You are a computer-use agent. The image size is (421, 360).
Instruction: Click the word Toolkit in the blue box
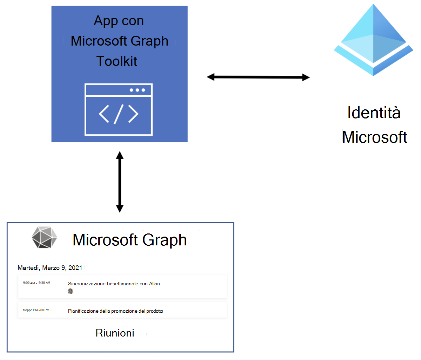click(117, 61)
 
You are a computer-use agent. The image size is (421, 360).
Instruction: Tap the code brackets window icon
click(119, 109)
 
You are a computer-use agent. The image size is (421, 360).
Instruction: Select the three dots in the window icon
click(137, 90)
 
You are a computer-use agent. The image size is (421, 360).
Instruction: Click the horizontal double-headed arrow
click(258, 77)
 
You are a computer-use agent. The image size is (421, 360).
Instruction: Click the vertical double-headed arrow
click(120, 182)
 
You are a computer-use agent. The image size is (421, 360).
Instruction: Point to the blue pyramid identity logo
click(373, 40)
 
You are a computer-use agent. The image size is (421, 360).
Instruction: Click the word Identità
click(374, 113)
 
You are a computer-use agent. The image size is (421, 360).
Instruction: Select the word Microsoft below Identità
click(374, 137)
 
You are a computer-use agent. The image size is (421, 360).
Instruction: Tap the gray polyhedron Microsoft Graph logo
click(44, 237)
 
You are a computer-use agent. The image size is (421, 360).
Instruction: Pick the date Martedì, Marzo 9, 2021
click(50, 268)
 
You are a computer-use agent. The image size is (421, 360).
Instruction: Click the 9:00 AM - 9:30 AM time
click(36, 283)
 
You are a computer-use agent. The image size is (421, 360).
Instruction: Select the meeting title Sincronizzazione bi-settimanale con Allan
click(114, 284)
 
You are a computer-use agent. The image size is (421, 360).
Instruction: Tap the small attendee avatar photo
click(71, 291)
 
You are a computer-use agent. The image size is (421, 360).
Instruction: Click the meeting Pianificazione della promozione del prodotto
click(115, 311)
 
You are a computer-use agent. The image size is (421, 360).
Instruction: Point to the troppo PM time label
click(36, 310)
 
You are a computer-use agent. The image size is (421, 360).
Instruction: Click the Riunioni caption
click(115, 333)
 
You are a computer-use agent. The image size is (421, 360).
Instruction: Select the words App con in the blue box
click(119, 21)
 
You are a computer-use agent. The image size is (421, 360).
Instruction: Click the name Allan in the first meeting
click(154, 284)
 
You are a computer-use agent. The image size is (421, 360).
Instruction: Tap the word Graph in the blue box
click(151, 41)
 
